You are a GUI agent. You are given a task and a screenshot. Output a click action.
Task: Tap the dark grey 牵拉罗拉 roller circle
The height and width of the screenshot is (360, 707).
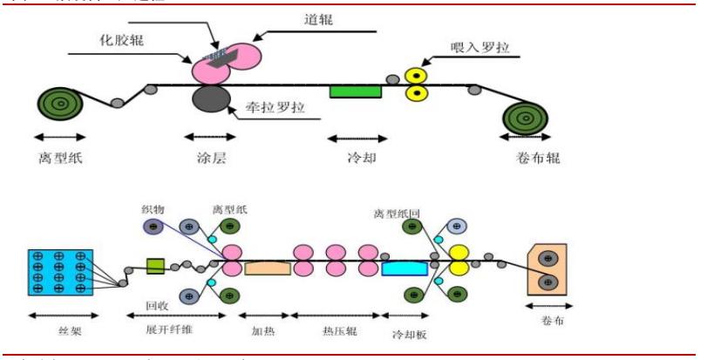pyautogui.click(x=211, y=98)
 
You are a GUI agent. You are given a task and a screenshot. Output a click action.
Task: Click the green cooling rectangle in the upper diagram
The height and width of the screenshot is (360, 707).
pyautogui.click(x=356, y=91)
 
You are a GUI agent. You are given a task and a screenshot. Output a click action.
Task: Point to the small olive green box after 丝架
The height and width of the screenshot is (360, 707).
pyautogui.click(x=156, y=264)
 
